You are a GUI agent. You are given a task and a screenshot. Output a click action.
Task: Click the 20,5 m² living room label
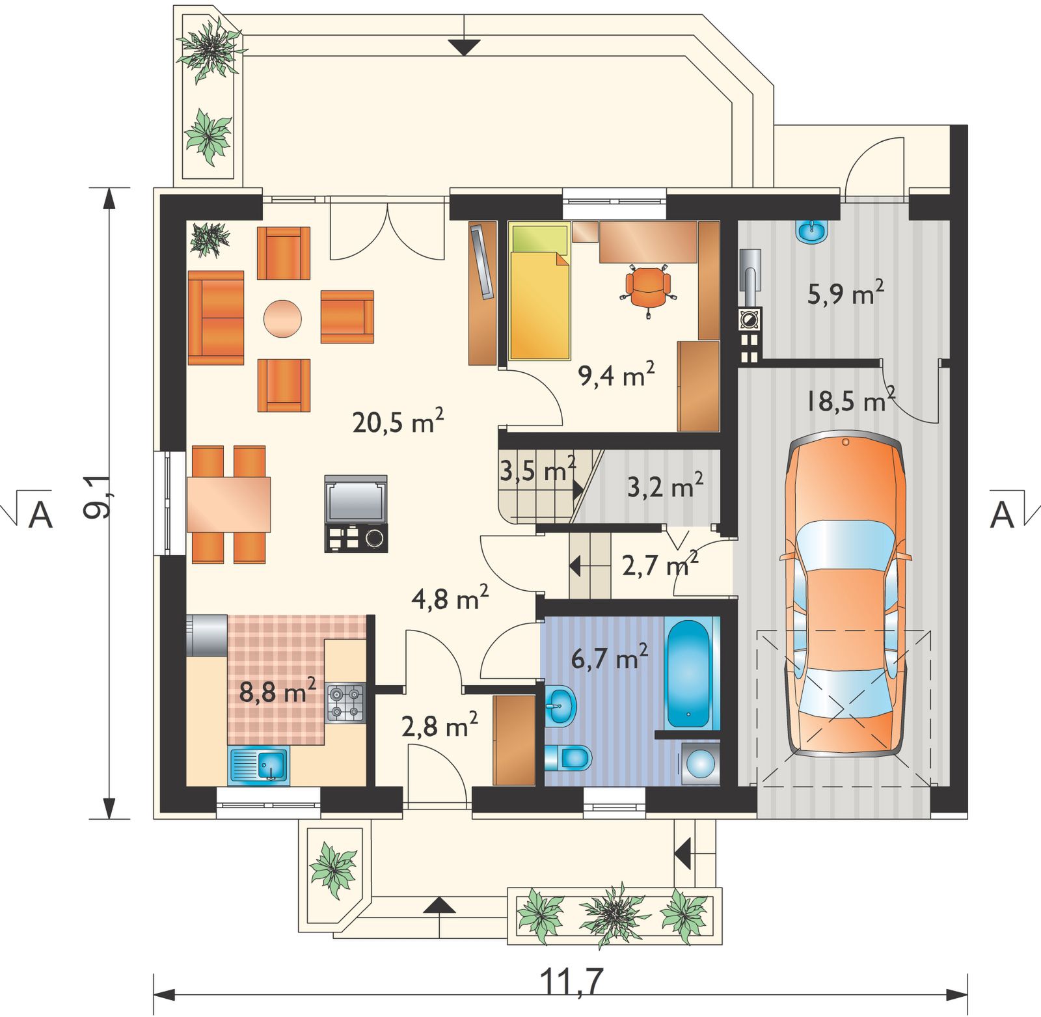point(398,422)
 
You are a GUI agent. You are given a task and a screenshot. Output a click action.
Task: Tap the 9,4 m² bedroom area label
point(616,374)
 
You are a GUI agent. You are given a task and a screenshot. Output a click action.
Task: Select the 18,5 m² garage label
point(850,400)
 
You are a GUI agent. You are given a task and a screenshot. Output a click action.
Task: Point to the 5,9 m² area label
point(846,293)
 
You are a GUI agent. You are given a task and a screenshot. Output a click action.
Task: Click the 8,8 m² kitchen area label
point(278,691)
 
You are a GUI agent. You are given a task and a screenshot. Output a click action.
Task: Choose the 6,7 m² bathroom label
point(610,658)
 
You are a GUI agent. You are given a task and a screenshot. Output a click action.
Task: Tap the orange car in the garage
point(845,595)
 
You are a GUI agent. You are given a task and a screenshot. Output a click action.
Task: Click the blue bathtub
point(690,673)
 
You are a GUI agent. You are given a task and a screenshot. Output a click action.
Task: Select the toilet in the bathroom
point(567,756)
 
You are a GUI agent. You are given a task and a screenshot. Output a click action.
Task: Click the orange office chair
point(648,286)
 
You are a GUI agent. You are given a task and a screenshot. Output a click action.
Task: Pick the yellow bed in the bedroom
point(539,292)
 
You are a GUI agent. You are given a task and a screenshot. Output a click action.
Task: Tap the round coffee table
point(282,318)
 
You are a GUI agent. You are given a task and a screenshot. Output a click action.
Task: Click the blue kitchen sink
point(258,765)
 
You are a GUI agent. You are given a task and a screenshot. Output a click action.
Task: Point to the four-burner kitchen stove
point(345,703)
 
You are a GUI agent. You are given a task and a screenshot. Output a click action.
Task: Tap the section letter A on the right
point(1002,515)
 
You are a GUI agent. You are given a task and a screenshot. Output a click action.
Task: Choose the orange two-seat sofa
point(216,318)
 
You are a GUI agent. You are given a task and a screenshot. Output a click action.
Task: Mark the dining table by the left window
point(228,504)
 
